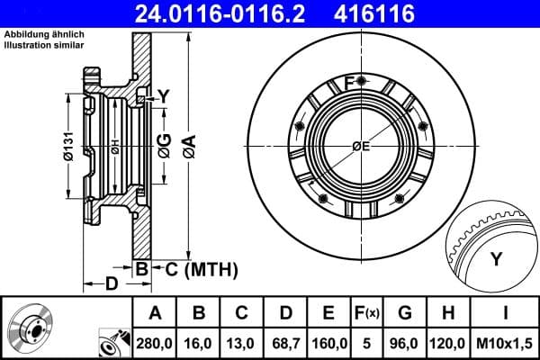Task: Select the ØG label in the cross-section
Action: tap(164, 143)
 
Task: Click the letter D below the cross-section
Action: tap(111, 285)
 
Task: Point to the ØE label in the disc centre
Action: tap(361, 147)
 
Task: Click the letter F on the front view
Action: tap(349, 83)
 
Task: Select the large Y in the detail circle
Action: tap(495, 260)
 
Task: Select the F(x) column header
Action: tap(367, 314)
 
